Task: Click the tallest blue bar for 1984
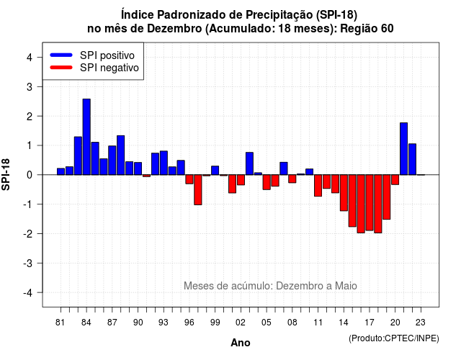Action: coord(86,137)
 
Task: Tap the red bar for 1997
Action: coord(198,190)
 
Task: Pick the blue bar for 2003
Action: coord(249,163)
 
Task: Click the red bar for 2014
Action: coord(344,193)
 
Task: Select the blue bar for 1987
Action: coord(112,161)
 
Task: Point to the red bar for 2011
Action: coord(318,186)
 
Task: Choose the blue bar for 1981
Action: coord(61,171)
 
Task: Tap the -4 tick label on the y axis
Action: coord(28,293)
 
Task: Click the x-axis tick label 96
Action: coord(189,323)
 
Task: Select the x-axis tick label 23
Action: coord(421,323)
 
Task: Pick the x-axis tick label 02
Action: coord(241,323)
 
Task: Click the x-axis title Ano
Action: coord(241,343)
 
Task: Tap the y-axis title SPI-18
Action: coord(6,174)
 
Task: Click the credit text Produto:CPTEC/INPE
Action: coord(394,338)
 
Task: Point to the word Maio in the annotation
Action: coord(346,286)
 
